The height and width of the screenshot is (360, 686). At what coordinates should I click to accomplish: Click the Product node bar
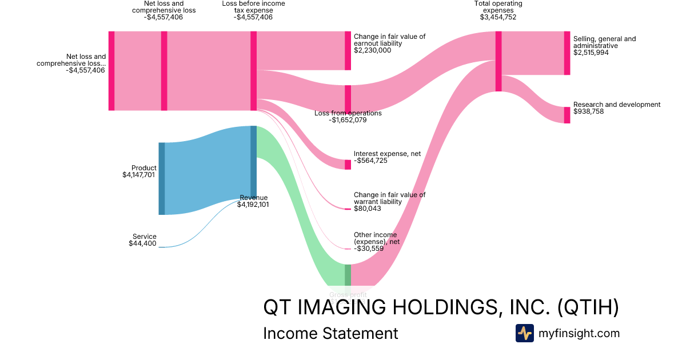162,178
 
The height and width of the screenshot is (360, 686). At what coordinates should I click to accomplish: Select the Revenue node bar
253,162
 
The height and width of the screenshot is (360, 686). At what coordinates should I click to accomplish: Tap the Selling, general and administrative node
567,53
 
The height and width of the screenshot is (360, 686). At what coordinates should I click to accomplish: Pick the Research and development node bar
567,115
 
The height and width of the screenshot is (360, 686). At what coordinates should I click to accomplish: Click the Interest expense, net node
348,165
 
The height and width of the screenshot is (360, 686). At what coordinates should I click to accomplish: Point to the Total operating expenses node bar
498,61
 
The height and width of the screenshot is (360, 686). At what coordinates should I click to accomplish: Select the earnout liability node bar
348,50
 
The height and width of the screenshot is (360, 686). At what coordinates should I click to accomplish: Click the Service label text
144,237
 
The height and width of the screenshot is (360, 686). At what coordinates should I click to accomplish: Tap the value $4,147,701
138,175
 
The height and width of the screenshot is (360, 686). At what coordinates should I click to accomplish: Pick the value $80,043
368,209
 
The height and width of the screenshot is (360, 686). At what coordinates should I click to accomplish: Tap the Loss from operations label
348,113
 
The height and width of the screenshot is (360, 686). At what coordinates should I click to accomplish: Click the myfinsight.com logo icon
524,333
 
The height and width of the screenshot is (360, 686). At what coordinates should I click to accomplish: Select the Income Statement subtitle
330,333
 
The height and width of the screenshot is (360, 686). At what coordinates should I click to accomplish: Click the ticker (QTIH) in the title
588,307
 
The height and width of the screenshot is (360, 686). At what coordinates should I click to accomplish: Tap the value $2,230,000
372,50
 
